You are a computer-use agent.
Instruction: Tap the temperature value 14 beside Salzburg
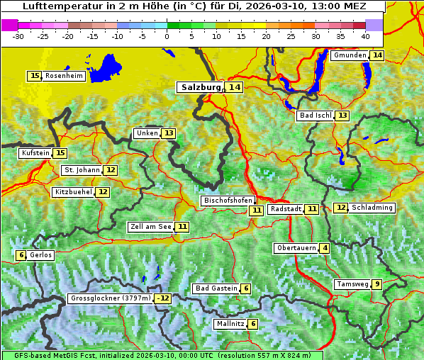coord(235,87)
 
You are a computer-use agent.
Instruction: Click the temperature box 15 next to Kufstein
coord(60,153)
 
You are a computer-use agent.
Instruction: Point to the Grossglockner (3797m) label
coord(111,298)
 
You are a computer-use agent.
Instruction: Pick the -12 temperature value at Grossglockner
coord(164,298)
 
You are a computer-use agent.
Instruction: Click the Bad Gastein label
coord(216,288)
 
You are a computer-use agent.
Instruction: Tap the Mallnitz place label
coord(230,324)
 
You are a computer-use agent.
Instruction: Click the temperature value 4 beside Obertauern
coord(325,248)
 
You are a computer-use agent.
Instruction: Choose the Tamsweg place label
coord(352,284)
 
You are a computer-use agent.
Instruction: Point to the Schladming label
coord(372,208)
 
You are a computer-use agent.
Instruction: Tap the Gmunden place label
coord(350,55)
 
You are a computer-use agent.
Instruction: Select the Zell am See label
coord(150,227)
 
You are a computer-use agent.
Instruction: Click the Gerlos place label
coord(40,255)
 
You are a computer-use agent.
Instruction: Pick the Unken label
coord(147,133)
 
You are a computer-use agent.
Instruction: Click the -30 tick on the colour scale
coord(18,35)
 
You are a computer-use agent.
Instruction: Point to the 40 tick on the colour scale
coord(365,35)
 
